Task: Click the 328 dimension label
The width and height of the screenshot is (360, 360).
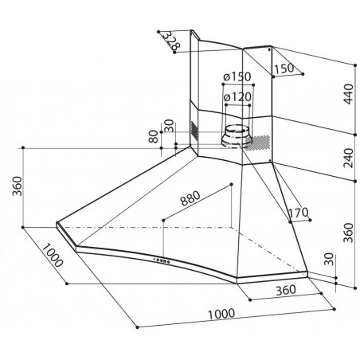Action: point(167,41)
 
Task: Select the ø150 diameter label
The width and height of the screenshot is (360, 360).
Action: point(238,76)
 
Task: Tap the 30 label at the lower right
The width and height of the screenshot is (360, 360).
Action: point(329,262)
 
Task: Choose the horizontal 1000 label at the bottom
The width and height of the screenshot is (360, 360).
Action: point(224,314)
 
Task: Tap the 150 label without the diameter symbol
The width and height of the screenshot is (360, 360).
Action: point(282,68)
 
